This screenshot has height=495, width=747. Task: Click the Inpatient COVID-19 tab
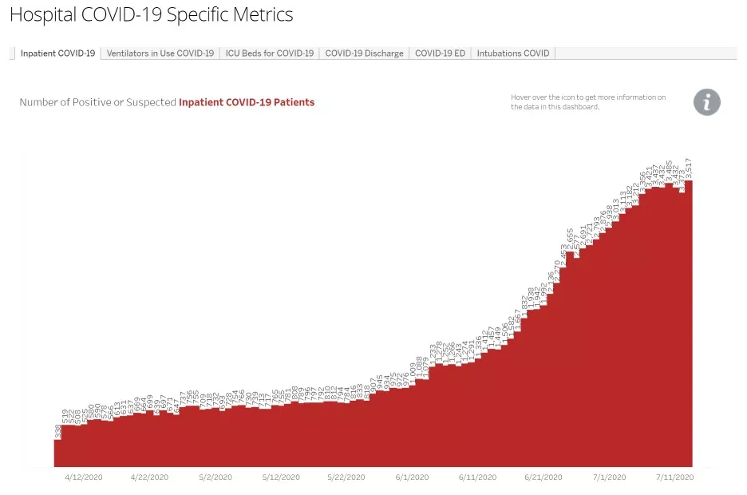[x=57, y=53]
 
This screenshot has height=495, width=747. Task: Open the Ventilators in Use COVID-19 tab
[x=160, y=53]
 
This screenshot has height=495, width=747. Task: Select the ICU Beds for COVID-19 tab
[x=269, y=53]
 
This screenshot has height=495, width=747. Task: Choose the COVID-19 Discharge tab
[x=364, y=53]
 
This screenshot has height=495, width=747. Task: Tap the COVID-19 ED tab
[x=440, y=53]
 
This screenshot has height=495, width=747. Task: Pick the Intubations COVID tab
[x=513, y=53]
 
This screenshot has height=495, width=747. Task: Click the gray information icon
[x=706, y=102]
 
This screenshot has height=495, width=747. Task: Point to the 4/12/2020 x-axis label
[x=84, y=477]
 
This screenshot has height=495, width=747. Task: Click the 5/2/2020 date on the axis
[x=215, y=477]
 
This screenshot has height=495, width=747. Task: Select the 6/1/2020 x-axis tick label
[x=412, y=477]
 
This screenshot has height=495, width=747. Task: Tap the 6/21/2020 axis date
[x=543, y=477]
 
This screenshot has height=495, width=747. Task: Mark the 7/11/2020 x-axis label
[x=674, y=477]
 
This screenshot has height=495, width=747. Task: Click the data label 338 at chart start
[x=58, y=432]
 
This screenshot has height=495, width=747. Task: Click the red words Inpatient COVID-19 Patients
[x=247, y=102]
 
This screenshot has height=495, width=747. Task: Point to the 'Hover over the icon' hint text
[x=588, y=102]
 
